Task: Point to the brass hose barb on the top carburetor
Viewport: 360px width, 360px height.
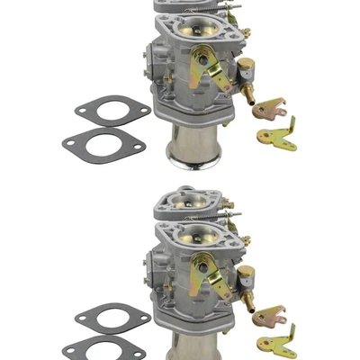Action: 247,89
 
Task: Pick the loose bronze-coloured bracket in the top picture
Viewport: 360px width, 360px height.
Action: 269,111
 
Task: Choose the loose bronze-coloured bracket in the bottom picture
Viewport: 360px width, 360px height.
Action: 269,315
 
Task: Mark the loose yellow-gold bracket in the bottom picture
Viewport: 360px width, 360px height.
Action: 280,342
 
